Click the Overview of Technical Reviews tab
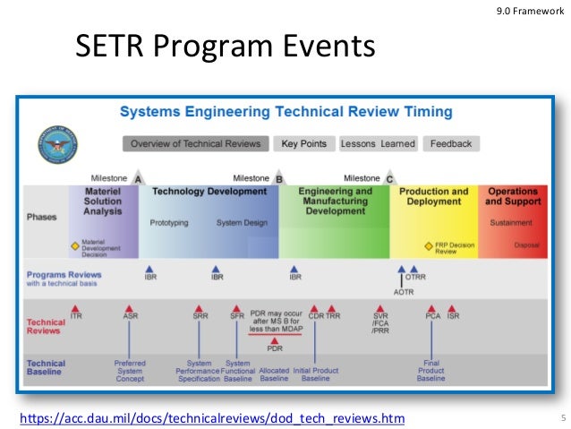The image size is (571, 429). tap(195, 143)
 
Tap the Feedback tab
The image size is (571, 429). tap(451, 143)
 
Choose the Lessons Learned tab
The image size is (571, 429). tap(379, 143)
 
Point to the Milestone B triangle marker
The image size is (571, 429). tap(278, 178)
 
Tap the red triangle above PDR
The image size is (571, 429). tap(274, 339)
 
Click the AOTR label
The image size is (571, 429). tap(405, 291)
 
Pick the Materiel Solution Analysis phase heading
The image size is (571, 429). tap(103, 202)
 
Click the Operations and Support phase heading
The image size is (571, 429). tap(513, 197)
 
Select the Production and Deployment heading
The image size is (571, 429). tap(433, 197)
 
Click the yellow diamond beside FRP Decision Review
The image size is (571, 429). tap(429, 246)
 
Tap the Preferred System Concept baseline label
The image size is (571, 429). tap(130, 371)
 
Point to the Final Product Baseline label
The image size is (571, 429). tap(430, 371)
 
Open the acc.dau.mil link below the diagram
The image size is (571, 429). tap(211, 418)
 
